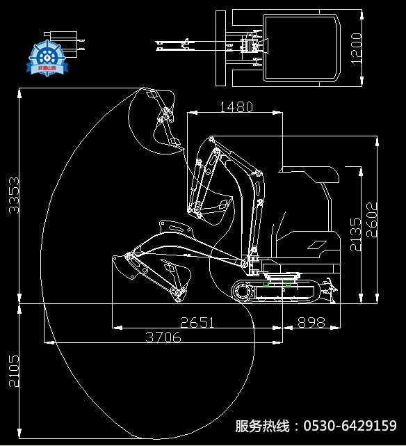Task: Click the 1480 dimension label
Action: point(236,106)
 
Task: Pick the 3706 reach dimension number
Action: point(163,337)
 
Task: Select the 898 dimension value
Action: point(311,322)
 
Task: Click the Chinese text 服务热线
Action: point(262,426)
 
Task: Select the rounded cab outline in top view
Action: point(303,47)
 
